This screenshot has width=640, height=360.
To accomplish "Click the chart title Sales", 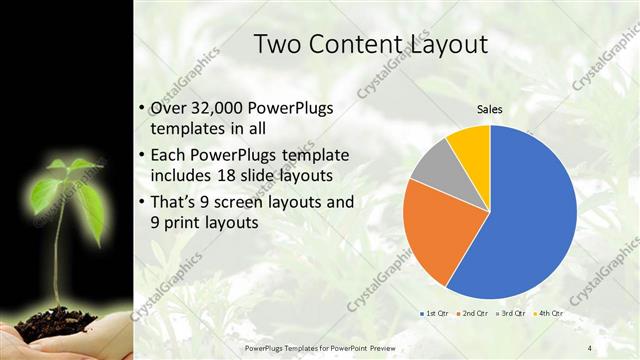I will [x=489, y=110].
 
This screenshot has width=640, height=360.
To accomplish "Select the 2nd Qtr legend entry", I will [x=472, y=314].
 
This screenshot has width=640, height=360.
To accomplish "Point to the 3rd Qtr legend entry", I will [x=511, y=314].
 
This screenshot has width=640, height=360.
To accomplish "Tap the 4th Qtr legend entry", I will [x=549, y=314].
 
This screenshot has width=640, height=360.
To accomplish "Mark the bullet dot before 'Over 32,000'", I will [x=141, y=109].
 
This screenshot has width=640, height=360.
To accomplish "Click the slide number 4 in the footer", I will [x=590, y=347].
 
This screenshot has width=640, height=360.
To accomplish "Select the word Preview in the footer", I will [x=404, y=347].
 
